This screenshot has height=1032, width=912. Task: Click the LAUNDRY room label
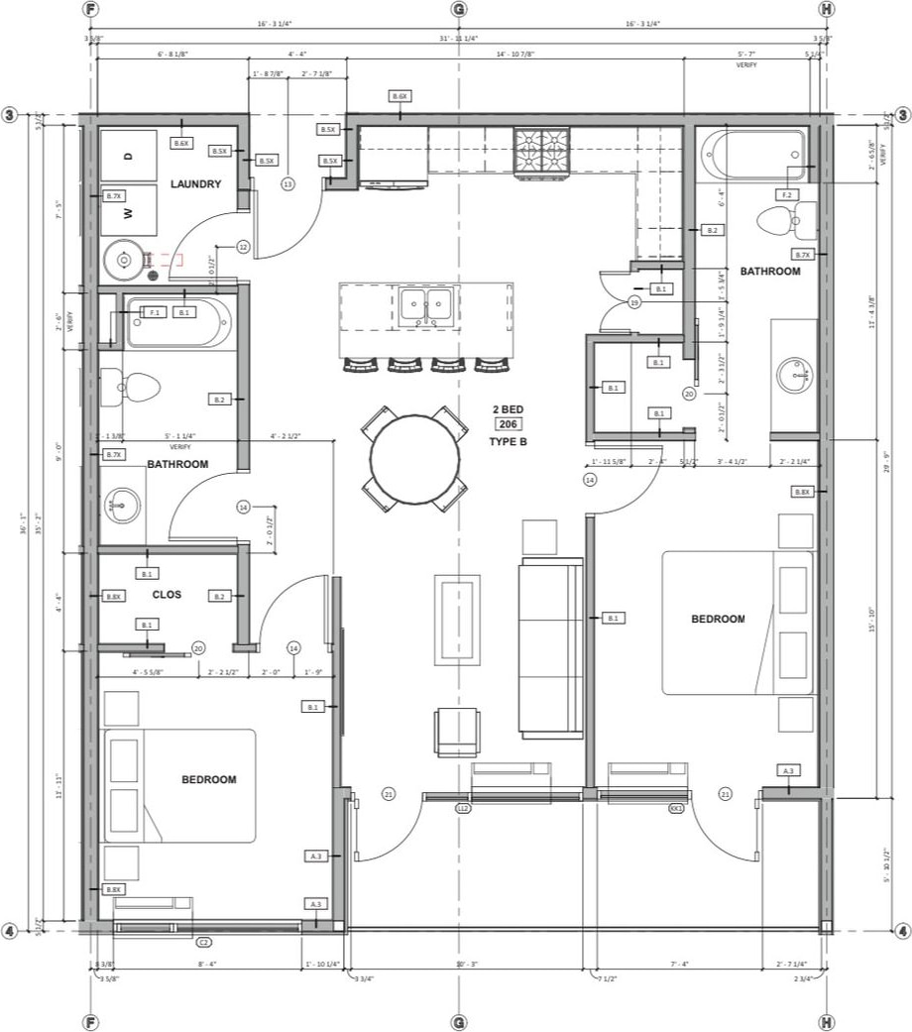click(195, 184)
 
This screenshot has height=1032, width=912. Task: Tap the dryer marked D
click(129, 156)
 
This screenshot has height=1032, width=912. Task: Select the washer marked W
click(129, 210)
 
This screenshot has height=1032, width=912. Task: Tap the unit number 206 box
click(509, 424)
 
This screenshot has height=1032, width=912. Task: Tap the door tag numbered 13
click(287, 184)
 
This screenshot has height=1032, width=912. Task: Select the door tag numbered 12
click(242, 246)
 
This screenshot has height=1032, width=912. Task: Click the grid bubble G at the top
click(458, 9)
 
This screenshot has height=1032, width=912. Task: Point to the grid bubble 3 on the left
click(10, 115)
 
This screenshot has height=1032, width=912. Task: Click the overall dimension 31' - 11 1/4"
click(458, 38)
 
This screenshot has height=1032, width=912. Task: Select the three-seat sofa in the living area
click(551, 648)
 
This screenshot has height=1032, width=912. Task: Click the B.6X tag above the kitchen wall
click(399, 96)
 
